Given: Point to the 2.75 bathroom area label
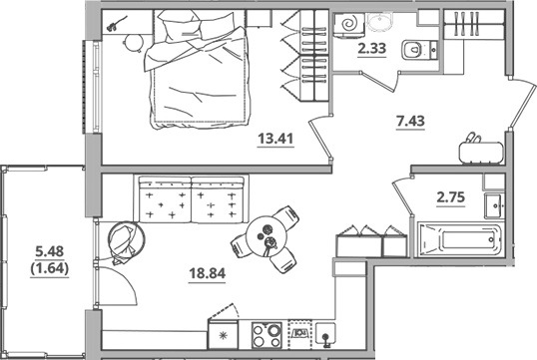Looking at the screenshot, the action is coord(451,196).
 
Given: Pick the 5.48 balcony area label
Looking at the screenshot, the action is coord(46,252).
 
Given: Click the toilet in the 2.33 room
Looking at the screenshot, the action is coord(412,49).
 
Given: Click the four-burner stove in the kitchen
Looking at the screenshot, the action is coord(267,333).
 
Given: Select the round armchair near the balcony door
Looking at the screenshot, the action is coord(126,240).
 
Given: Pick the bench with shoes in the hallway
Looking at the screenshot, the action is coord(481,151).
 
